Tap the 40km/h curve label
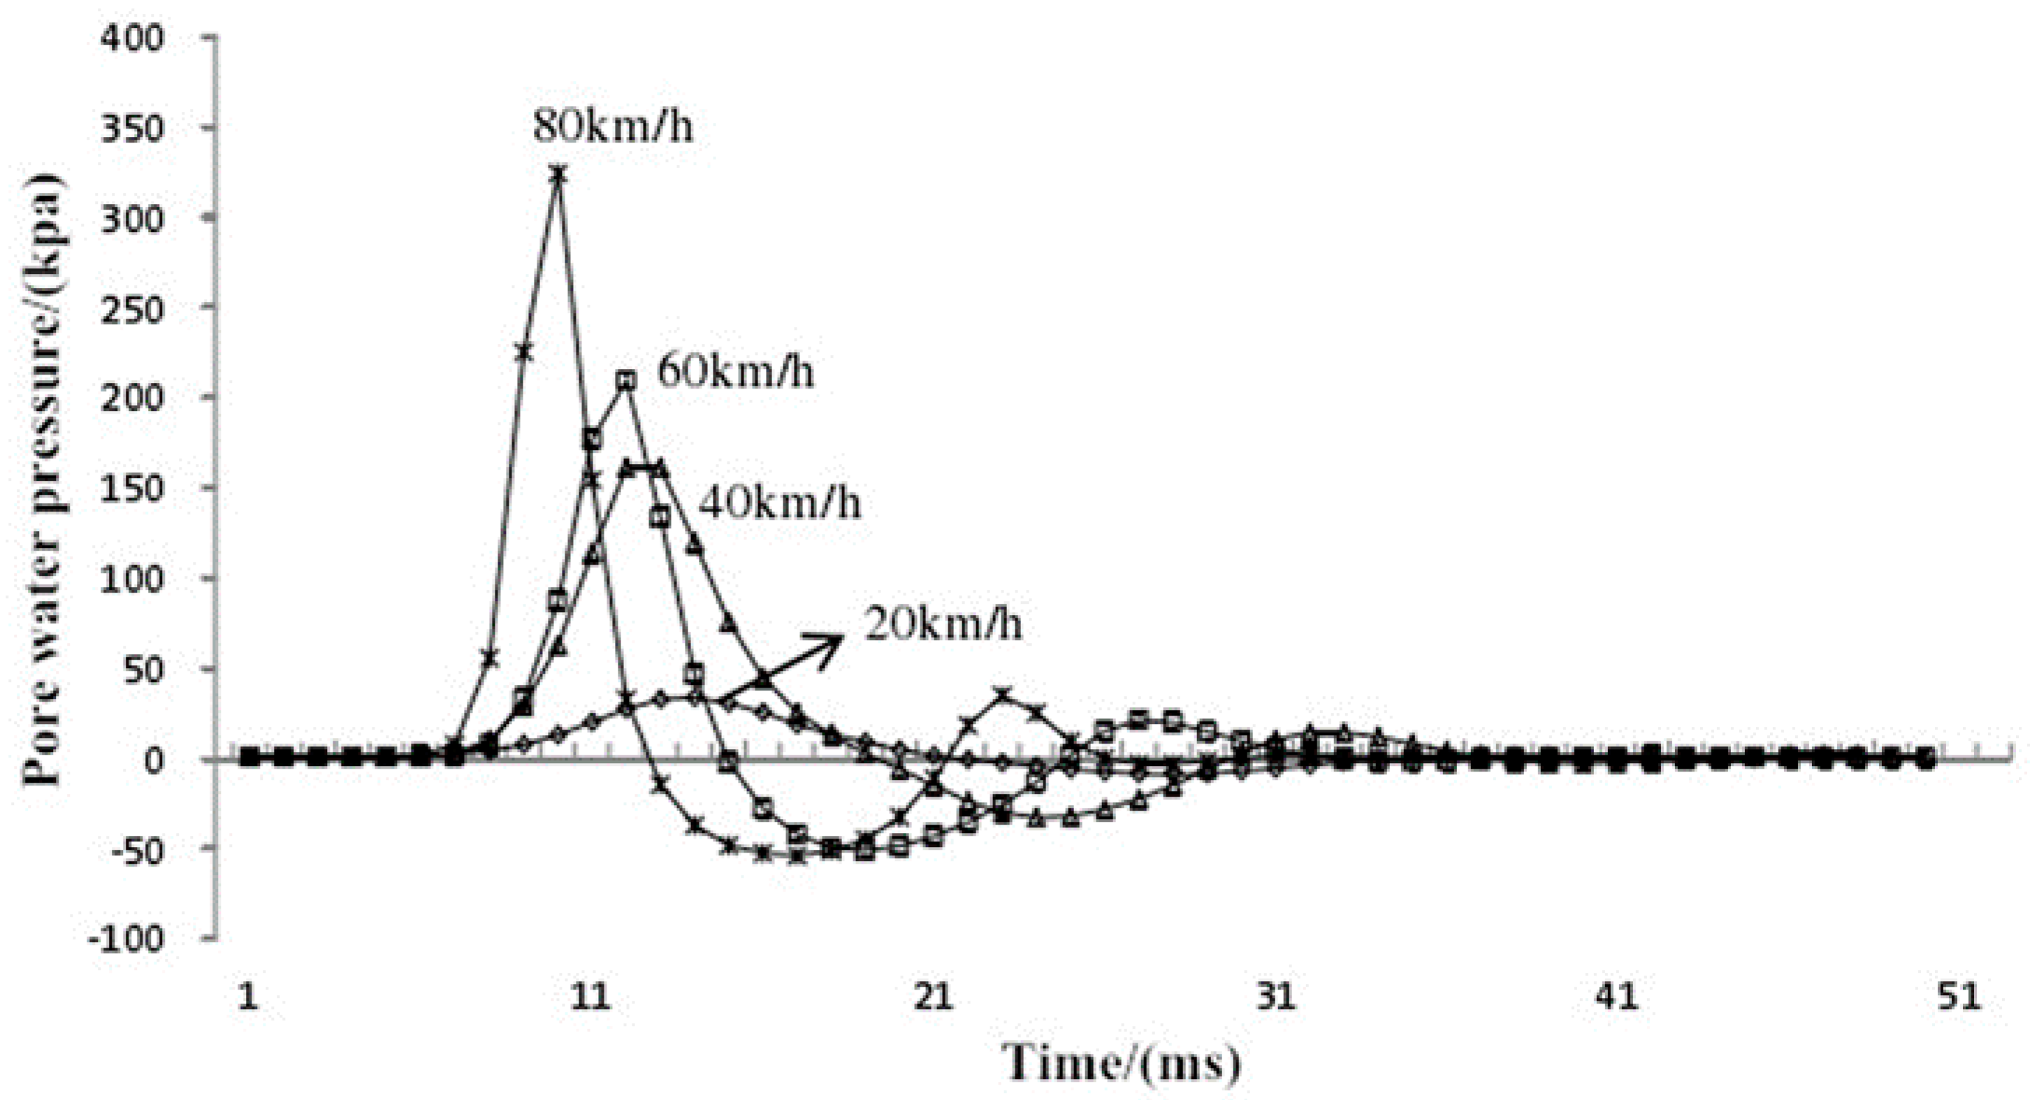click(x=780, y=502)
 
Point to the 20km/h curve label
click(x=943, y=624)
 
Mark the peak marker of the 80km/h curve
click(x=558, y=174)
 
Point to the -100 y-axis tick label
click(x=126, y=939)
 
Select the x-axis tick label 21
click(x=933, y=997)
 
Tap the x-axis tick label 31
click(x=1276, y=997)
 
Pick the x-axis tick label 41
click(x=1617, y=997)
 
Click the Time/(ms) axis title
click(x=1122, y=1062)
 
